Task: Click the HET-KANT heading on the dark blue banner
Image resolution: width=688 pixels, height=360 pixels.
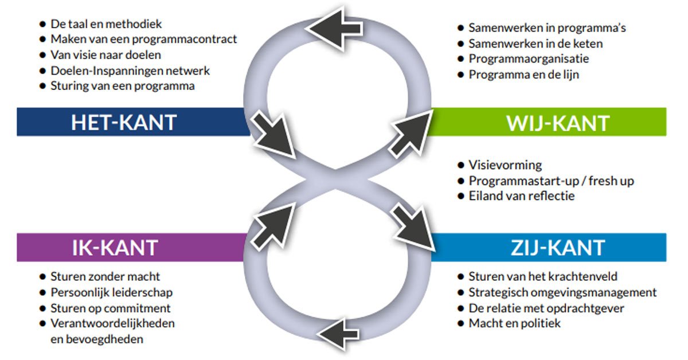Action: pos(123,122)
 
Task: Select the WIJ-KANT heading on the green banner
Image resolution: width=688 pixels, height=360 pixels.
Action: pos(557,122)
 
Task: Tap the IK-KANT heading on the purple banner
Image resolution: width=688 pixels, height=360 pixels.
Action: pos(115,248)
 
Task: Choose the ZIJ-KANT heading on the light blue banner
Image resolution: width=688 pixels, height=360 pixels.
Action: pos(557,248)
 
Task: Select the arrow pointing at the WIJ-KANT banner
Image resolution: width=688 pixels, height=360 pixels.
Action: pos(408,133)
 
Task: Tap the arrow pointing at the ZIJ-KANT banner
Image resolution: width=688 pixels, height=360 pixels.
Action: pos(412,226)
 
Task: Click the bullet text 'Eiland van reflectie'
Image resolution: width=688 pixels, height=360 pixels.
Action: pos(521,196)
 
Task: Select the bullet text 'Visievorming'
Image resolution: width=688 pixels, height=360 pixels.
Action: pos(505,165)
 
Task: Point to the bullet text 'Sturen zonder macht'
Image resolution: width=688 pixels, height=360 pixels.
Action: pos(105,277)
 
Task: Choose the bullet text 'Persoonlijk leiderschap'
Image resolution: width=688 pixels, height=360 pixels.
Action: pos(111,292)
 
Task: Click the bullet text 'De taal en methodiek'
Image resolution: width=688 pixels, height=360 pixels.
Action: pos(106,24)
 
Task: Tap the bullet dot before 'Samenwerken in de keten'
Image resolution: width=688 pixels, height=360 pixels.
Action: pos(460,43)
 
